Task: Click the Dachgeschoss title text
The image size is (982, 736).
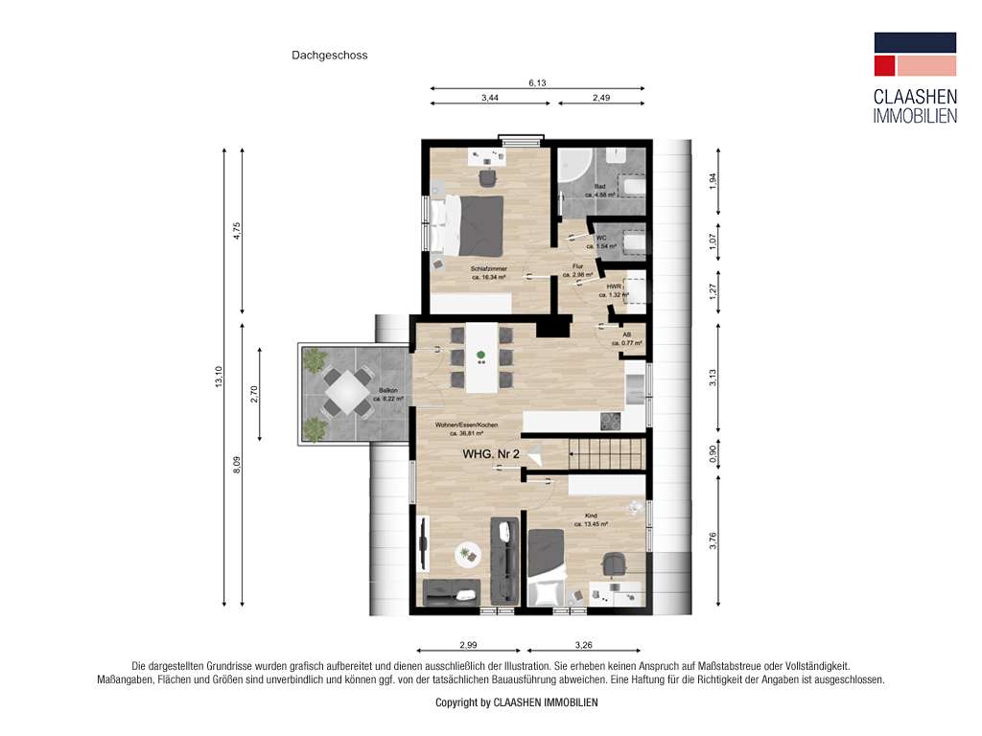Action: pyautogui.click(x=329, y=56)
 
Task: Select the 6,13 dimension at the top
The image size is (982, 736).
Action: pyautogui.click(x=537, y=83)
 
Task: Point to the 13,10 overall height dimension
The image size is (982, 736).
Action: pyautogui.click(x=219, y=378)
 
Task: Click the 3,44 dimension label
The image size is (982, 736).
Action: pyautogui.click(x=489, y=98)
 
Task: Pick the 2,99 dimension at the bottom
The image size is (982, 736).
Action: pyautogui.click(x=468, y=644)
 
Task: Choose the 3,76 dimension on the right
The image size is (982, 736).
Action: pyautogui.click(x=713, y=541)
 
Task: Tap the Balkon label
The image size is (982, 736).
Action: pyautogui.click(x=388, y=391)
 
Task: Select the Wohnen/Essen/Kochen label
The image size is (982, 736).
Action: pyautogui.click(x=465, y=424)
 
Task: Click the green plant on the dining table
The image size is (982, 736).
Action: pyautogui.click(x=481, y=356)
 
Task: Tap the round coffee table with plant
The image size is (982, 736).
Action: pyautogui.click(x=467, y=553)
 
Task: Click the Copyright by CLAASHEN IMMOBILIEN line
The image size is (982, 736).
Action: pyautogui.click(x=516, y=702)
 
